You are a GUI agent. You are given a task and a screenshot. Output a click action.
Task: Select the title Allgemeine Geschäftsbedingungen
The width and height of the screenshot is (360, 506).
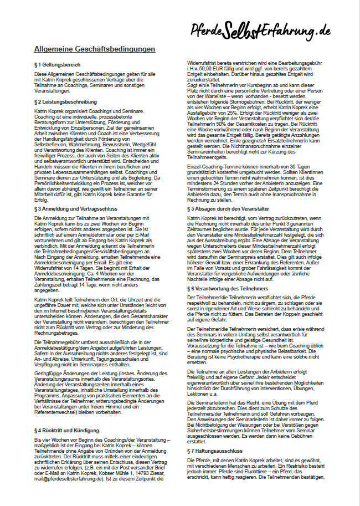click(95, 49)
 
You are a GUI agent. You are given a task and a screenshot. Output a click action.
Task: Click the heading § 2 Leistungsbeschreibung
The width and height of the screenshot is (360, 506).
click(65, 102)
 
